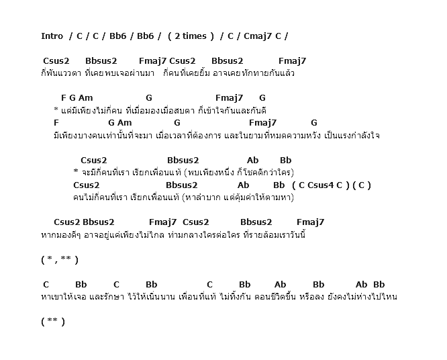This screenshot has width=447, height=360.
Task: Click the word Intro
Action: (52, 36)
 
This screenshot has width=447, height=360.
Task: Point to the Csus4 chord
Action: (320, 185)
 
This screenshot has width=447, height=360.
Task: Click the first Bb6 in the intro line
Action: (117, 36)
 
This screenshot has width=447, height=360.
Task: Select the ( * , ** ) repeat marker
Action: (60, 259)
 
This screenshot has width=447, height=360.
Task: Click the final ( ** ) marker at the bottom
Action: (53, 322)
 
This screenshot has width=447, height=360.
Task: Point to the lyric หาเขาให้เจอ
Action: (64, 297)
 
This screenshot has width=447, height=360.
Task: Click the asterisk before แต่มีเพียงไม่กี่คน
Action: (56, 109)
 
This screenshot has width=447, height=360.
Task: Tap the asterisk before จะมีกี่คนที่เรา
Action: (76, 171)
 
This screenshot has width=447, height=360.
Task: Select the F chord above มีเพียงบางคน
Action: (56, 123)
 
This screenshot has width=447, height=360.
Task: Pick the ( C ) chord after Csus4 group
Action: (362, 185)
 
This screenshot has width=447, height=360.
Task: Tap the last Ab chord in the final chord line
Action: (361, 284)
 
